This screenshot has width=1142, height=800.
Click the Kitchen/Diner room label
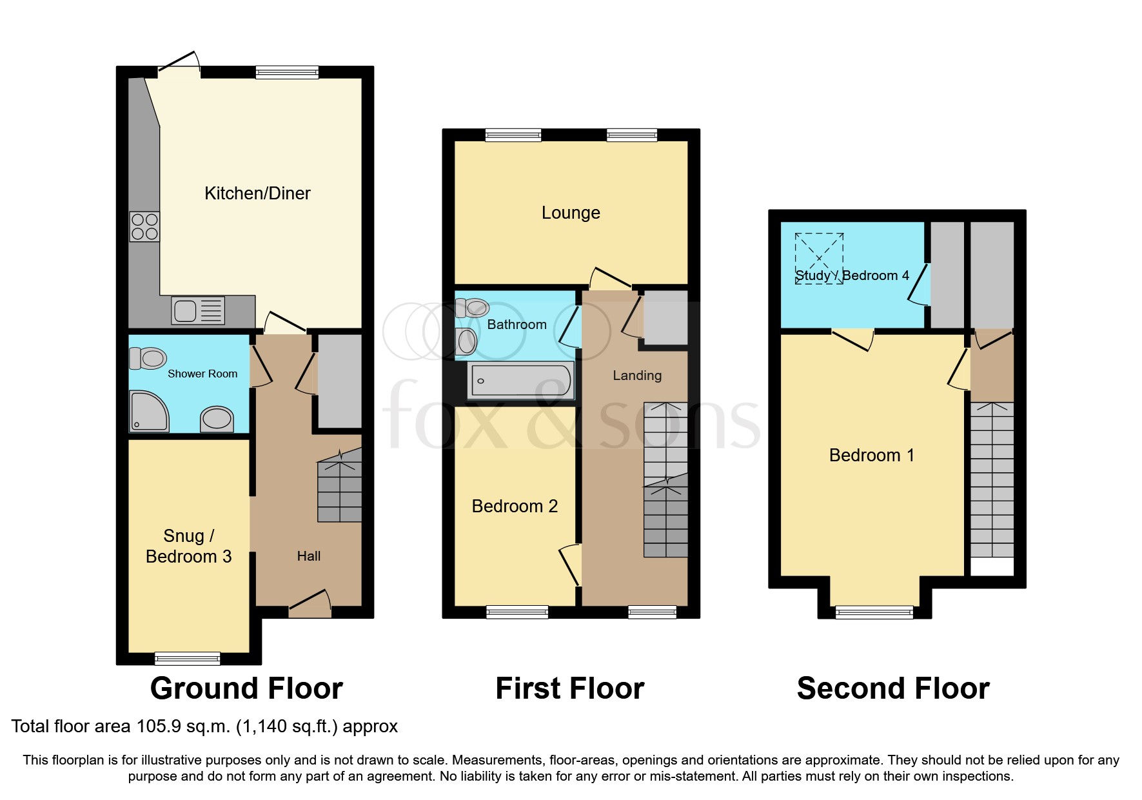[257, 193]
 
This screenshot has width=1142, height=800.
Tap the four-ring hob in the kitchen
[144, 226]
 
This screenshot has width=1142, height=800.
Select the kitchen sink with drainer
[198, 311]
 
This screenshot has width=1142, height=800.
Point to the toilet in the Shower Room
[148, 357]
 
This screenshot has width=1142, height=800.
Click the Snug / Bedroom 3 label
[188, 546]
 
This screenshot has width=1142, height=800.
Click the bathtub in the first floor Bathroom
[520, 381]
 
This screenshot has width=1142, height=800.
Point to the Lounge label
[571, 213]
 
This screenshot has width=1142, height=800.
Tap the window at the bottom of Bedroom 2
[517, 612]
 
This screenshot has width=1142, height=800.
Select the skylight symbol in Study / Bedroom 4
[819, 258]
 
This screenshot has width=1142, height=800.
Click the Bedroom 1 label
[871, 455]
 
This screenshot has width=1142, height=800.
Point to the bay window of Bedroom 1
[874, 612]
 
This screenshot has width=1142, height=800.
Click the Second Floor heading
[892, 688]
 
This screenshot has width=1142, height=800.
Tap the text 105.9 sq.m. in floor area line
[183, 726]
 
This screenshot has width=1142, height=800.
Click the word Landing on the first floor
[637, 375]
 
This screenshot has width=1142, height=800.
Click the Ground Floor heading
[246, 688]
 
